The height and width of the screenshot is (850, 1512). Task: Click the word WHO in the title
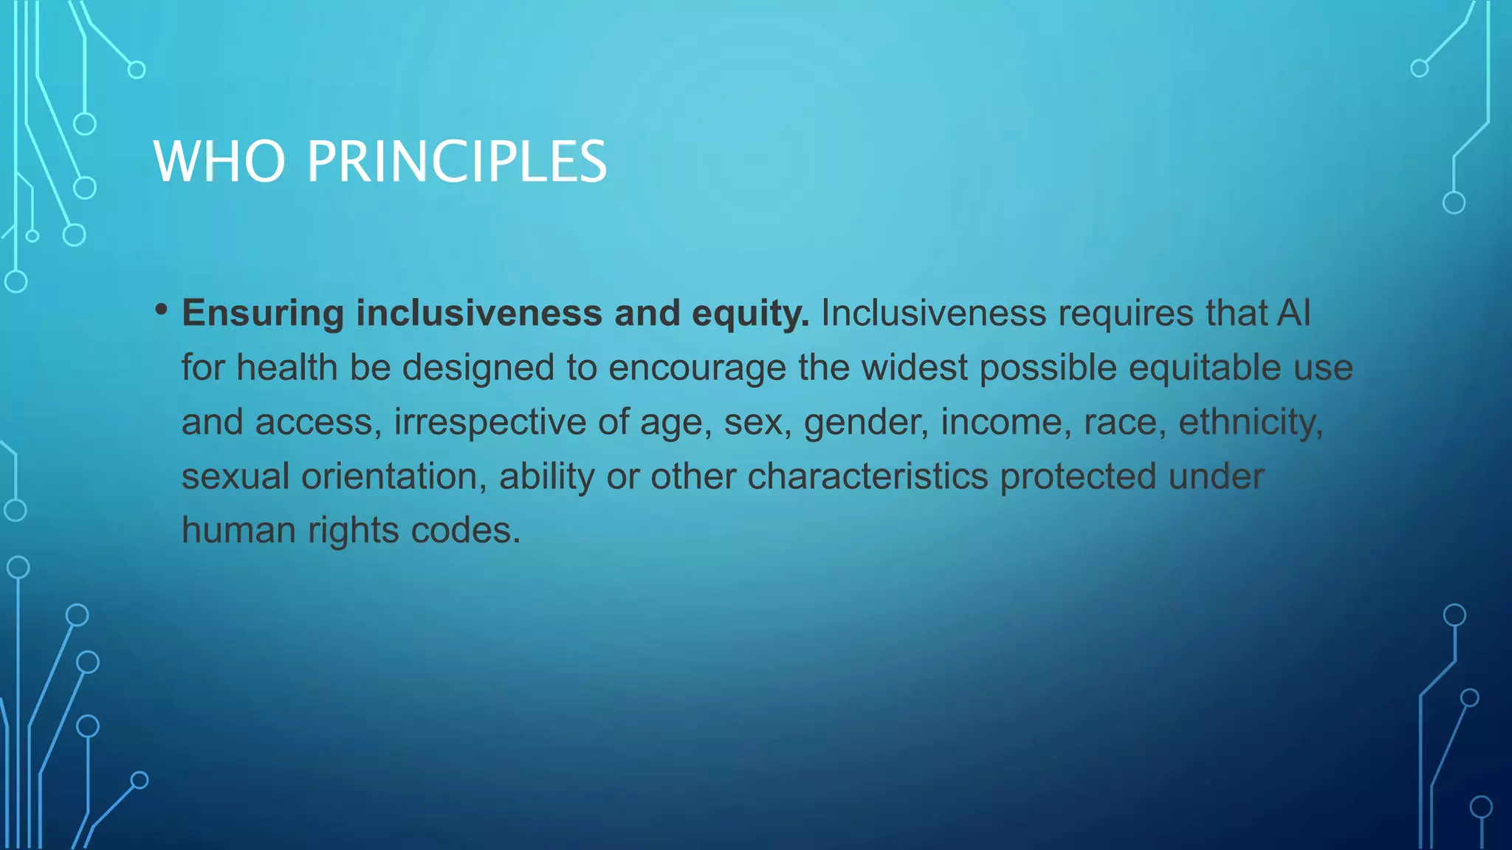click(219, 162)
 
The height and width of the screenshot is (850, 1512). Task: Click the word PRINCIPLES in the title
click(456, 162)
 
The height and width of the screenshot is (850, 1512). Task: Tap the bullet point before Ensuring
click(162, 309)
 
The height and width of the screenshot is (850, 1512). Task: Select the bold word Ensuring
click(263, 314)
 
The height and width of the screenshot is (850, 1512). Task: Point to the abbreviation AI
click(1294, 313)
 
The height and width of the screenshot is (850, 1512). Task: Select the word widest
click(914, 367)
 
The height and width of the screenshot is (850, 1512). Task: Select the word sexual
click(236, 476)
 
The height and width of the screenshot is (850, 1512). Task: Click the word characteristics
click(867, 476)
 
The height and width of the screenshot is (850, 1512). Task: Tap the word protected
click(1078, 476)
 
